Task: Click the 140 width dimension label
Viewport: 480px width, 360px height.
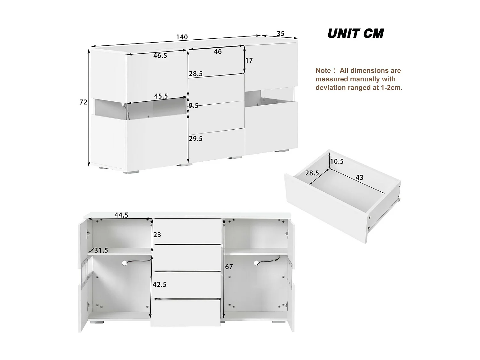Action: (182, 37)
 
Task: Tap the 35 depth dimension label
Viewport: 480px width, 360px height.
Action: (280, 34)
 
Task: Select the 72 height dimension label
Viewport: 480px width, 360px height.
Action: (83, 102)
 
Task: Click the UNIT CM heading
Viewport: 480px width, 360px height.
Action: (356, 34)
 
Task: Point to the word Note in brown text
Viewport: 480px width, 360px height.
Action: (323, 71)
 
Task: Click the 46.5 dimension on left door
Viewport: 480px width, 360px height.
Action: (160, 56)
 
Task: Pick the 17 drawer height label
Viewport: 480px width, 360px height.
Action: (249, 60)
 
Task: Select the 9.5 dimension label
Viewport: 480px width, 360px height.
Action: (193, 106)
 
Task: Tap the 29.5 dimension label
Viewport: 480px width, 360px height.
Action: (196, 139)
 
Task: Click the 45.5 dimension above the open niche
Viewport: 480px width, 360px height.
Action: (161, 96)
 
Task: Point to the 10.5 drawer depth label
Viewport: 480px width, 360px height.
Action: (337, 162)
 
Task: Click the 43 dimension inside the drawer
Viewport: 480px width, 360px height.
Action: (359, 178)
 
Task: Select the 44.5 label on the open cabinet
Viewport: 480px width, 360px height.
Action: (121, 215)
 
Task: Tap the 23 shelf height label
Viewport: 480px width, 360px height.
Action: (157, 235)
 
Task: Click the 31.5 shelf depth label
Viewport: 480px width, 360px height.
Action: (101, 251)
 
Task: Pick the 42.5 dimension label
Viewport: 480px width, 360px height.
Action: (159, 284)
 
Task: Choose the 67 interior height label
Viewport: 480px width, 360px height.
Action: (229, 267)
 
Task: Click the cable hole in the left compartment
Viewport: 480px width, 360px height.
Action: (124, 263)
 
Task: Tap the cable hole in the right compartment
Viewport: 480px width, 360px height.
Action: (256, 263)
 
